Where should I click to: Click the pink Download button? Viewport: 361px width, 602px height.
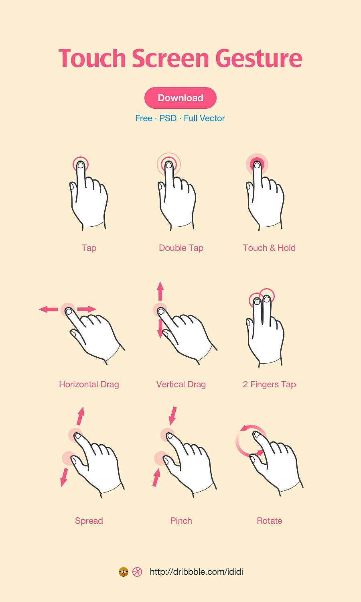tap(180, 98)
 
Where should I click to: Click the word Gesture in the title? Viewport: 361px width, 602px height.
tap(259, 59)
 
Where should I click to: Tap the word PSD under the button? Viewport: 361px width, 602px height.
tap(168, 118)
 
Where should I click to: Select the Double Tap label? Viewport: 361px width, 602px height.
tap(181, 248)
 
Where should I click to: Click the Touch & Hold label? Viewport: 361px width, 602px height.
tap(269, 248)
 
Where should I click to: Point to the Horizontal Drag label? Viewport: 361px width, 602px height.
tap(89, 384)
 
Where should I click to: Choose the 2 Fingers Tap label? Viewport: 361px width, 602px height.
tap(269, 384)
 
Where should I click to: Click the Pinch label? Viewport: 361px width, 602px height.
tap(181, 521)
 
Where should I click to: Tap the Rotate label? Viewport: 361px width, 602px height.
tap(269, 521)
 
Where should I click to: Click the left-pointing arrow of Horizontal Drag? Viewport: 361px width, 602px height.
tap(48, 309)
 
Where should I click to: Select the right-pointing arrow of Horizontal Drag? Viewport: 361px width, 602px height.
tap(87, 309)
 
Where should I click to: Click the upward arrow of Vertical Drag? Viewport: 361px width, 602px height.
tap(160, 291)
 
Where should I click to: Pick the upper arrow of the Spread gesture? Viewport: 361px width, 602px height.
tap(81, 416)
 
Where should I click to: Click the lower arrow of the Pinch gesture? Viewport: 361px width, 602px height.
tap(156, 478)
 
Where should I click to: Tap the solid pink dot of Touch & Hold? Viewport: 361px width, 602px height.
tap(257, 164)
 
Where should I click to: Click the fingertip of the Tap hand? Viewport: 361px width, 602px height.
tap(81, 165)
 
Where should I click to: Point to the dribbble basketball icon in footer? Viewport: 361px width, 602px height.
tap(137, 572)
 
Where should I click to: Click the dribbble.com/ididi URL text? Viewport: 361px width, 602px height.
tap(196, 572)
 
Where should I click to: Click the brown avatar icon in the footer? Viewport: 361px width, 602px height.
tap(124, 572)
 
